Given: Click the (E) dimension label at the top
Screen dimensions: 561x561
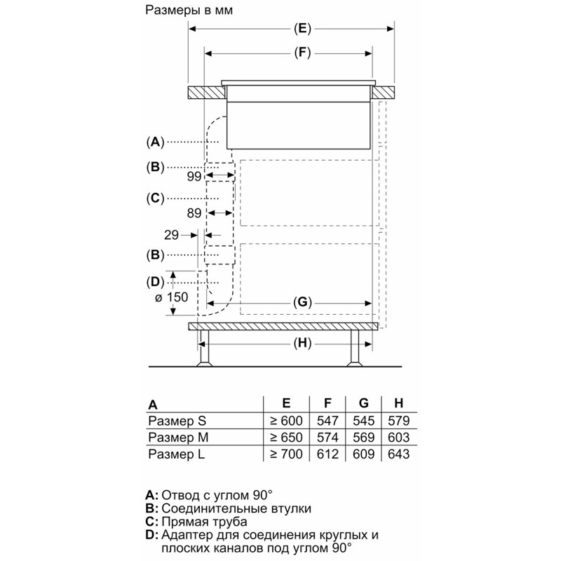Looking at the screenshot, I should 301,29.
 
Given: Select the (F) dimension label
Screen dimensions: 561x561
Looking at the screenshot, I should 301,53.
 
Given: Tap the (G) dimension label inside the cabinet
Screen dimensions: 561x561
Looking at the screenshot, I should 301,302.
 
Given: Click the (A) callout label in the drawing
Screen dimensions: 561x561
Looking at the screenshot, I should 155,142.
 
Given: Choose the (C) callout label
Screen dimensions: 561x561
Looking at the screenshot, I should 155,198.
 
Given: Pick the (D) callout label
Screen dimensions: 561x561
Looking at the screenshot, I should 155,282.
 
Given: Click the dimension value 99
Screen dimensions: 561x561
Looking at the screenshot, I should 194,177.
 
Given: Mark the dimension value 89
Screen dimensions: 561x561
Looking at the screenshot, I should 194,212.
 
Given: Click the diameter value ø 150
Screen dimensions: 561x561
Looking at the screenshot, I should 172,297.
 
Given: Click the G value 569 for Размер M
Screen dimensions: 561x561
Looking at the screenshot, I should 363,438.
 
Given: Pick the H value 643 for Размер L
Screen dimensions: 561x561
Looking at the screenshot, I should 398,454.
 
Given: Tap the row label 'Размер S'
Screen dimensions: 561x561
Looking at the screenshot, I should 177,421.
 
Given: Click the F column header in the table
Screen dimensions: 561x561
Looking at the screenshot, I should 327,403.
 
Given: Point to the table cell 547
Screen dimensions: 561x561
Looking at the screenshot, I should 327,421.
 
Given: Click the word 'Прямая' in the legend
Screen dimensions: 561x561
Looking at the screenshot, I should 184,522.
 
